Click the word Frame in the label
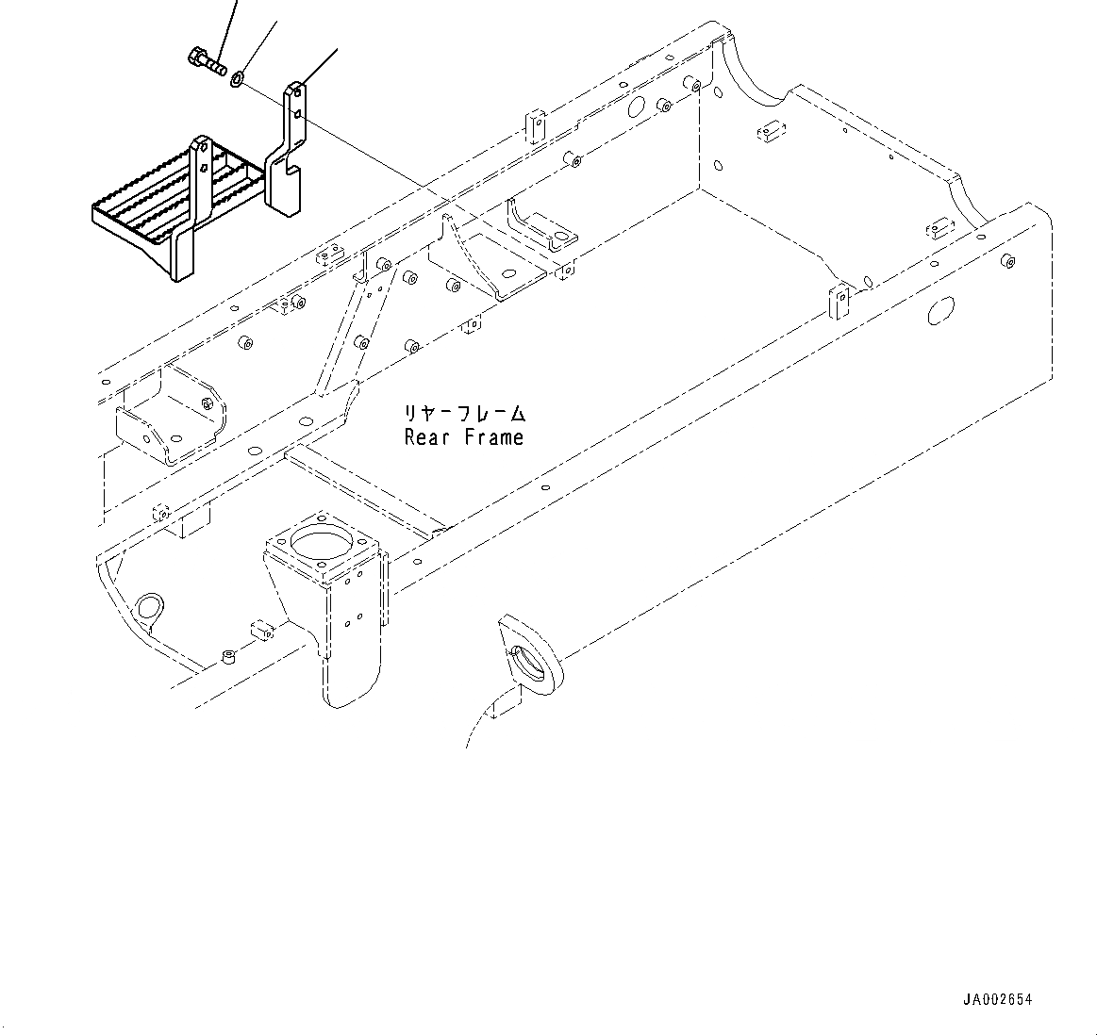tap(492, 437)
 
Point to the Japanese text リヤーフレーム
tap(463, 414)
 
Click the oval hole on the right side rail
tap(940, 310)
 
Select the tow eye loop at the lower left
tap(147, 608)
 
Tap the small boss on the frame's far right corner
tap(1006, 261)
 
